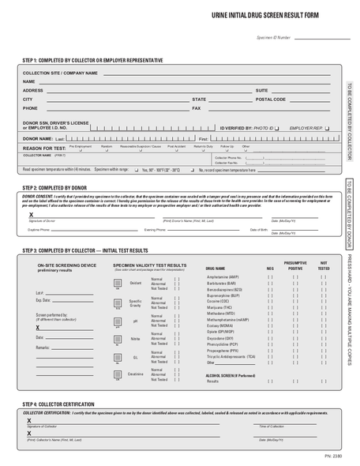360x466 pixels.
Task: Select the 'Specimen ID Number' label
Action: point(273,37)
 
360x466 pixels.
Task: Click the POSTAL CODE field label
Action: point(270,100)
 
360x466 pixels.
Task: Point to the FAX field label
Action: point(197,108)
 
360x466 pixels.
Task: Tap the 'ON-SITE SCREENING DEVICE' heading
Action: point(67,266)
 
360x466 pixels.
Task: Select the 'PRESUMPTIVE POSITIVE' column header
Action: point(294,265)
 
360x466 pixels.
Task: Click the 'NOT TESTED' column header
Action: point(324,265)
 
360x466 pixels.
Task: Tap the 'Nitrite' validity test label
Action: point(135,336)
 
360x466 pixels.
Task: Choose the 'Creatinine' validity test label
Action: point(135,374)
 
